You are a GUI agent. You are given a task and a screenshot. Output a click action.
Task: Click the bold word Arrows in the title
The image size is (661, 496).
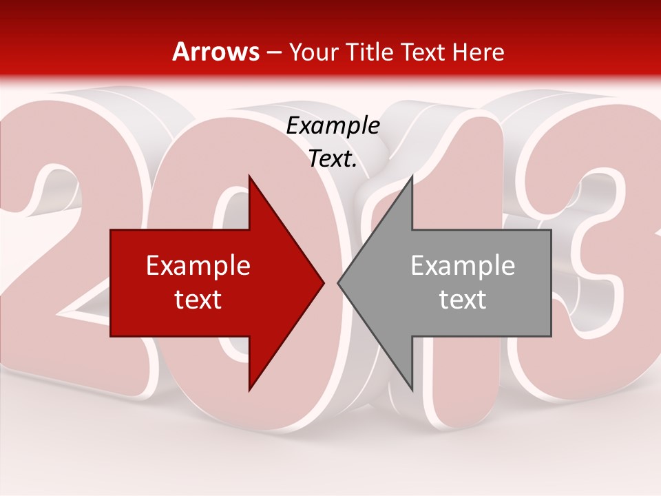pos(216,52)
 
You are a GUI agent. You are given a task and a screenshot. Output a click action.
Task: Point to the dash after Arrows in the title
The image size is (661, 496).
pos(274,52)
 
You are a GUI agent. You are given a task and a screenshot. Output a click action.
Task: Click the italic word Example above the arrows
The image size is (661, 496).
pos(333,126)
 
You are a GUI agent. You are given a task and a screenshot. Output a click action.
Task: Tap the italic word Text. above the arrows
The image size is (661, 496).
pos(333,159)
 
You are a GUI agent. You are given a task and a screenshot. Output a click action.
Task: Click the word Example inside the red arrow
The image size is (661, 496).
pos(198,265)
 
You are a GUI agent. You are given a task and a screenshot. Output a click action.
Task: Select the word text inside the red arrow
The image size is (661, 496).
pos(198,299)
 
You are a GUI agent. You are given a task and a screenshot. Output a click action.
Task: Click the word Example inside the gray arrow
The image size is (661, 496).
pos(463,265)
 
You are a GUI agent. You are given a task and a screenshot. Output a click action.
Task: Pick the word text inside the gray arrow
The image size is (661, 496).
pos(463,299)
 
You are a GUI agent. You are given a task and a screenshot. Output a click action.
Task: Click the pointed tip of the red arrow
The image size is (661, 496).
pos(323,282)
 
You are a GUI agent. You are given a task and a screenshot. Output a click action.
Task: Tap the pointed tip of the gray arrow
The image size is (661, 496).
pos(339,282)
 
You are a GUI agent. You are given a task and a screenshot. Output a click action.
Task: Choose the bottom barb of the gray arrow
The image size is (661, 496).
pos(412,386)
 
